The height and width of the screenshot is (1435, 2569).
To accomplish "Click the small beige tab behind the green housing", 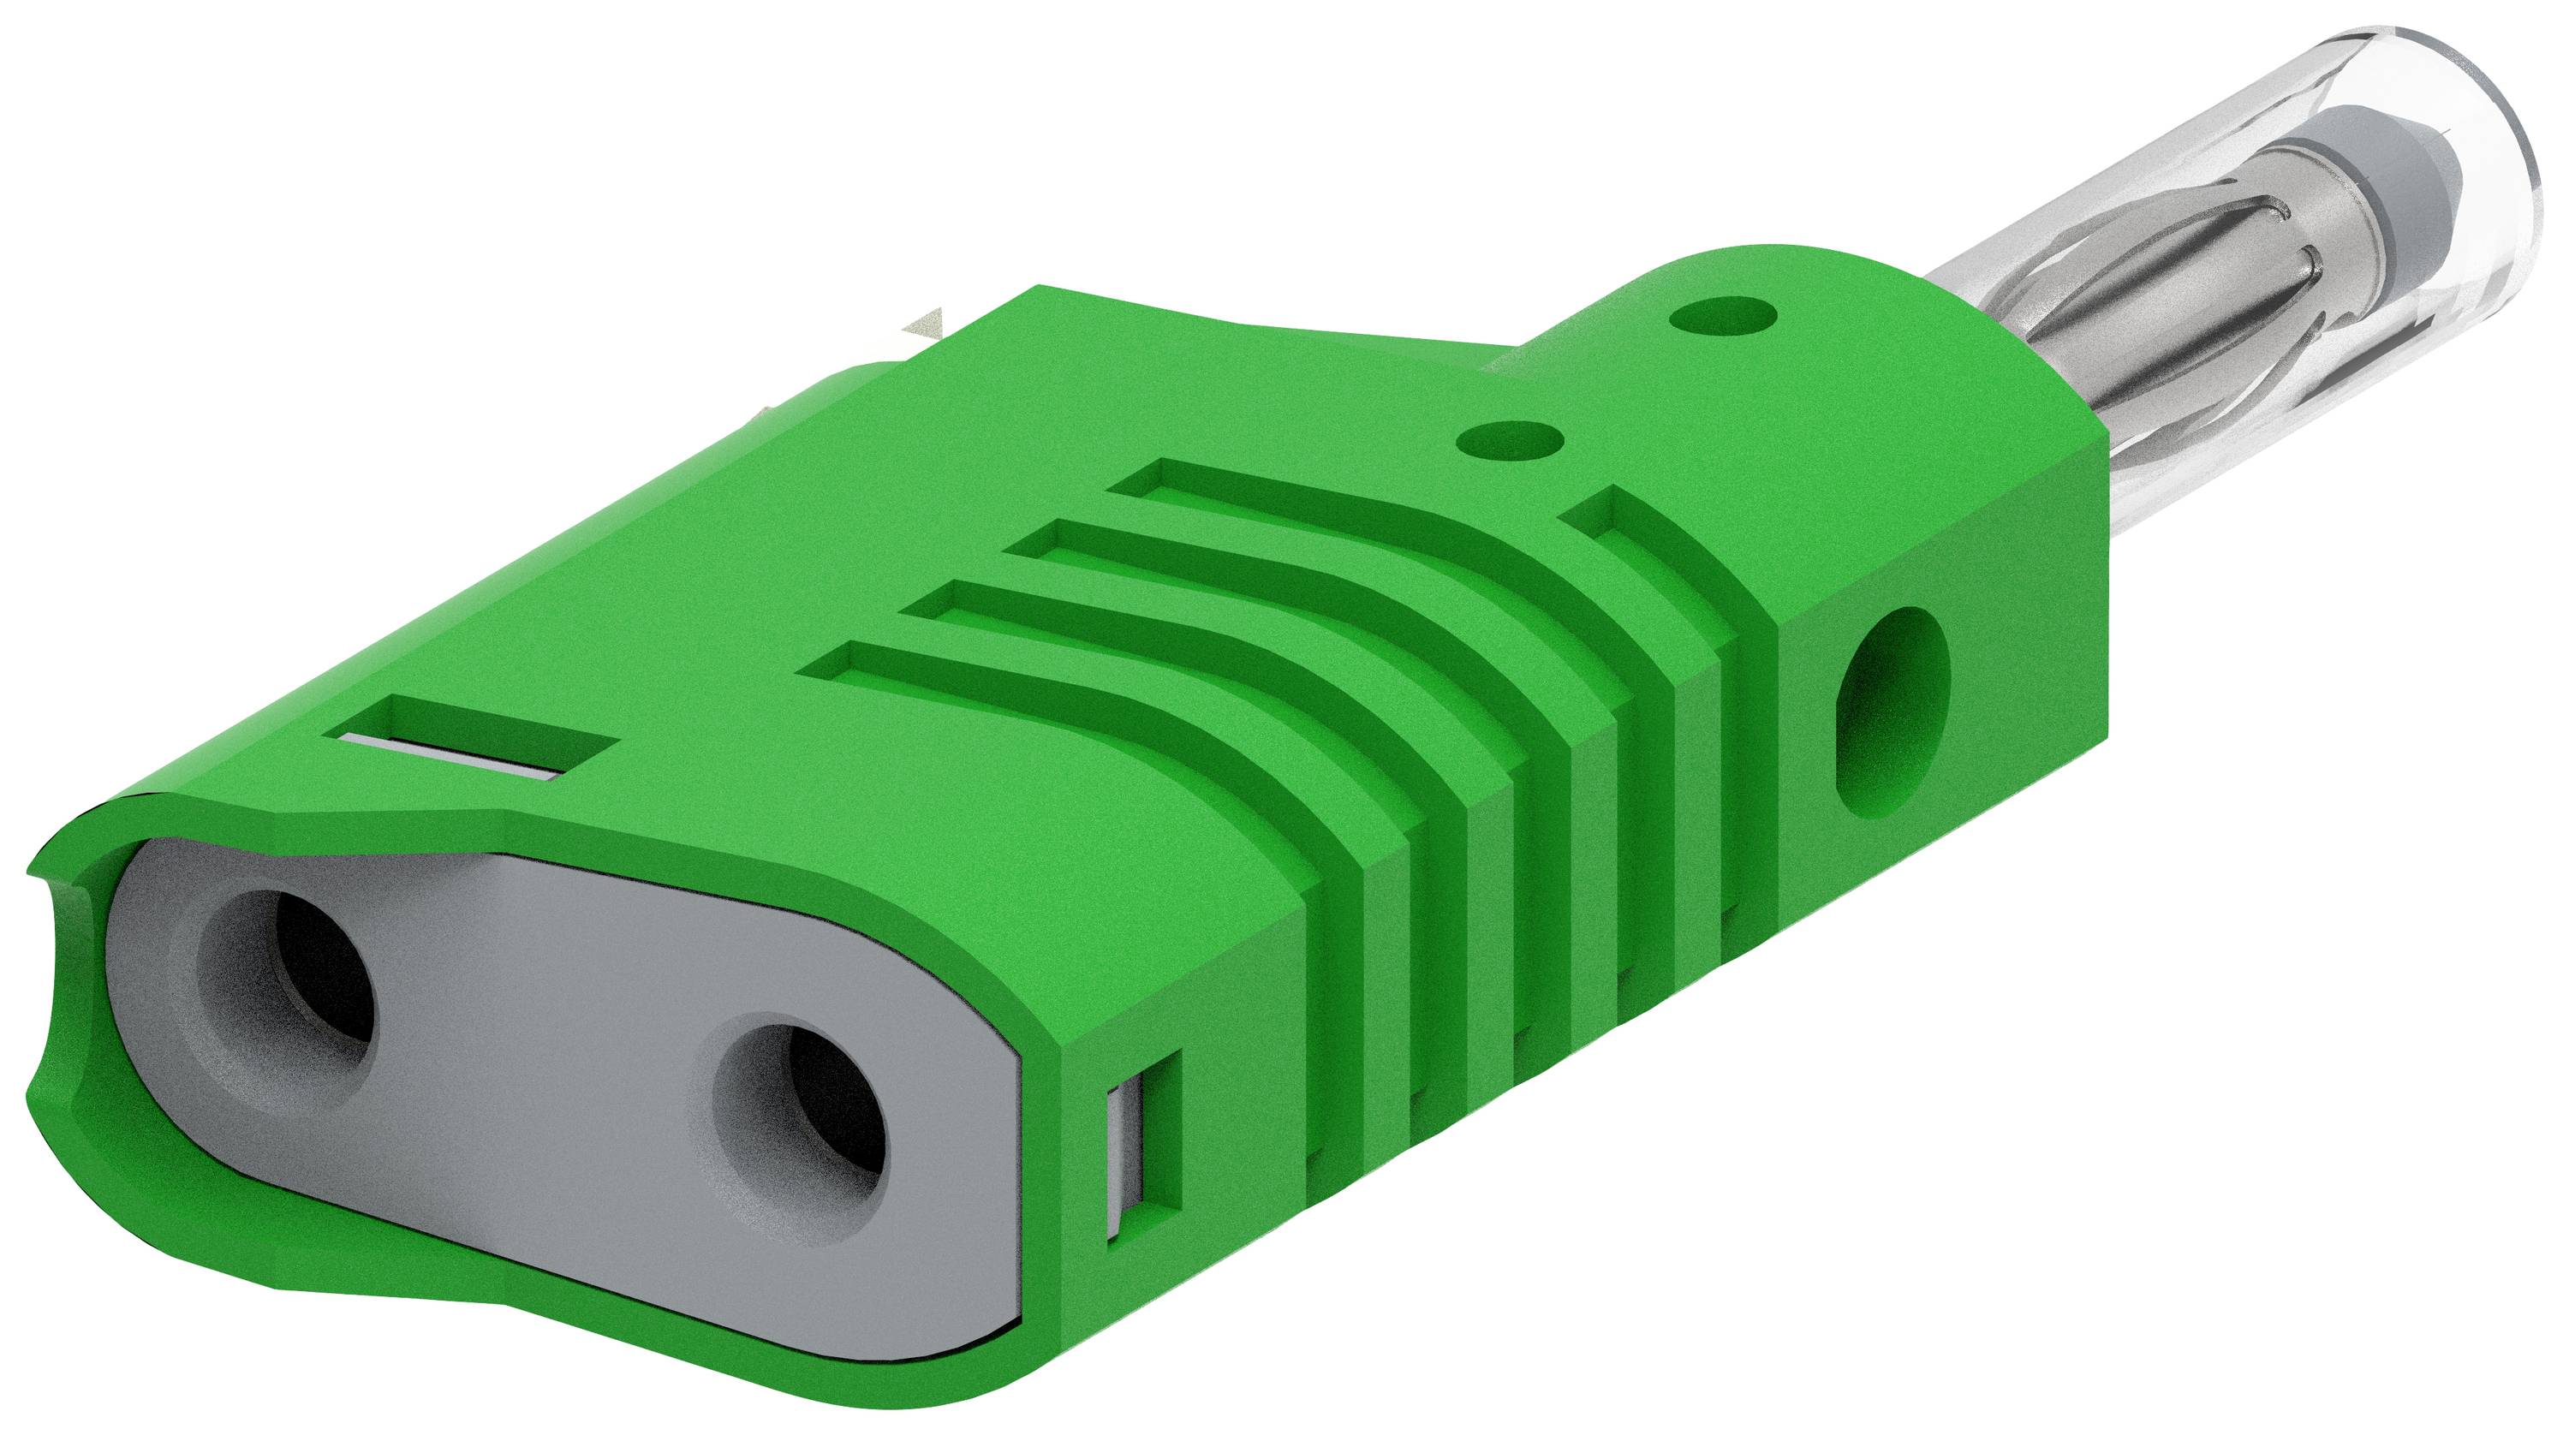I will (x=922, y=325).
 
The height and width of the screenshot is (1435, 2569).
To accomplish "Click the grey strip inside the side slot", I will (x=1125, y=1167).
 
